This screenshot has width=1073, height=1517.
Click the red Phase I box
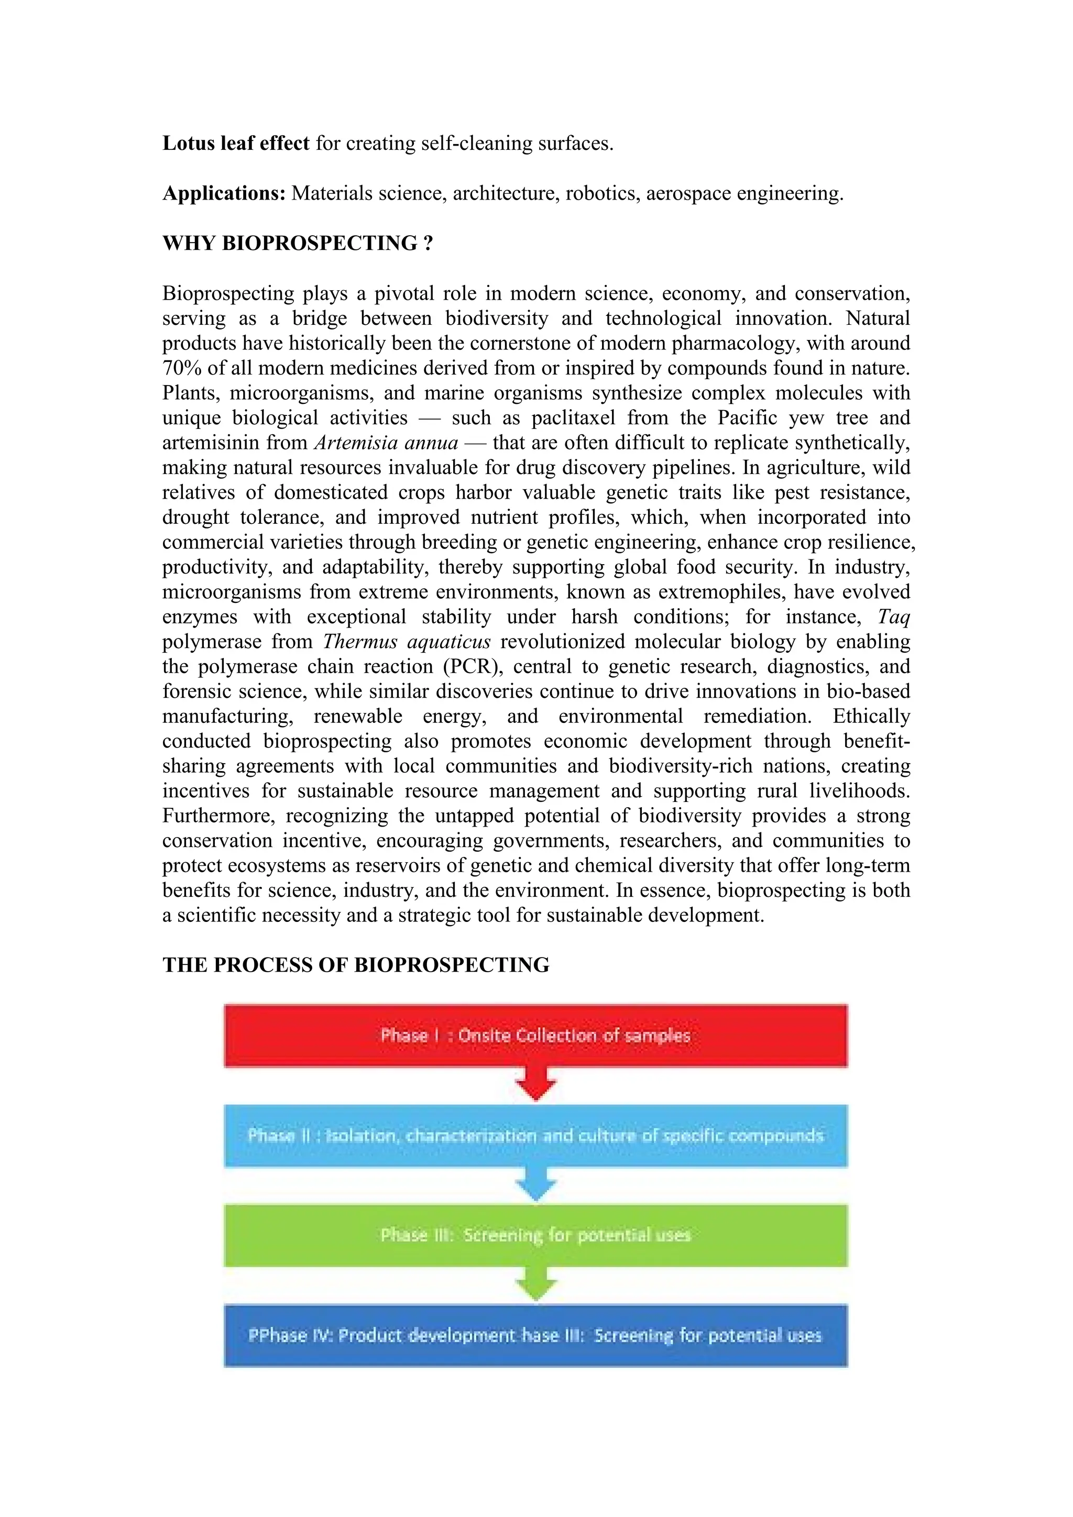coord(535,1035)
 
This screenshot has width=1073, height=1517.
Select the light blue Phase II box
coord(535,1135)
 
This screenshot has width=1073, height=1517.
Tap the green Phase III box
coord(535,1235)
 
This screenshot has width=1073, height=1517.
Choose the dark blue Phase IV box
coord(535,1335)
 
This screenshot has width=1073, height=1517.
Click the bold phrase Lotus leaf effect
coord(236,144)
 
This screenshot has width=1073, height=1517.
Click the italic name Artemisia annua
coord(386,443)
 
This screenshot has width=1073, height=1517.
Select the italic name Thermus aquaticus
coord(407,642)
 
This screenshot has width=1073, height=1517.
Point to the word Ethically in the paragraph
coord(871,716)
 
